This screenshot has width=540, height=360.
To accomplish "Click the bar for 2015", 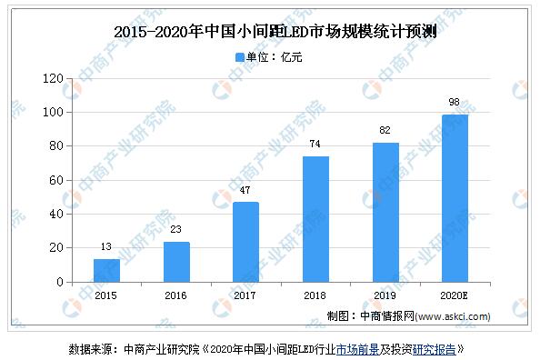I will tap(106, 270).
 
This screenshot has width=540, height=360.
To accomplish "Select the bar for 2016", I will tap(176, 262).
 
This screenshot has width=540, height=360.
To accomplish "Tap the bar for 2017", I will tap(245, 242).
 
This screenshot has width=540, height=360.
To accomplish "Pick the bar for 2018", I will tap(315, 219).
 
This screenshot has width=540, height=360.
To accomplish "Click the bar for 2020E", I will tap(455, 198).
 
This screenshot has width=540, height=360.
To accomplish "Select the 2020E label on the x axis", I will tap(455, 295).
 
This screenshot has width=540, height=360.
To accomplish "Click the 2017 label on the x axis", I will tap(245, 295).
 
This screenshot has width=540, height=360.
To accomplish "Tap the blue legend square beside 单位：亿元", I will tap(240, 56).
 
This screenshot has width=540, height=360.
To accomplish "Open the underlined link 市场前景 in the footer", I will tap(360, 348).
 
